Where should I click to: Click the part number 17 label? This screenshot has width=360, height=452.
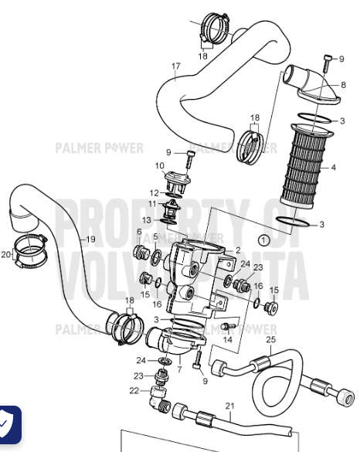tap(175, 66)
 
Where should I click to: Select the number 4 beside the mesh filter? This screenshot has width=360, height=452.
tap(334, 167)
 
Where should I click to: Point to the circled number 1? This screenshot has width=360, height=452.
tap(264, 240)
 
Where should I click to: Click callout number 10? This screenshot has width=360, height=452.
tap(160, 165)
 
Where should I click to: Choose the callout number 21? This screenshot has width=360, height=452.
tap(229, 406)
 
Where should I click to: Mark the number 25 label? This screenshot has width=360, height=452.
tap(270, 339)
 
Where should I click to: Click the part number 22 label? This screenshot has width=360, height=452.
tap(134, 391)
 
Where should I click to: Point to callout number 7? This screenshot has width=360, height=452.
tap(179, 370)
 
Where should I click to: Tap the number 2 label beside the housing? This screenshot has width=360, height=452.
tap(238, 250)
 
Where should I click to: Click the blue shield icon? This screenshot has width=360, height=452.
tap(10, 424)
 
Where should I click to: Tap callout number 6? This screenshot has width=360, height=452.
tap(140, 232)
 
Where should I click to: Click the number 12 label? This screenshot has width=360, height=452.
tap(155, 193)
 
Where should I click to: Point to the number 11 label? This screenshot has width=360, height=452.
tap(153, 203)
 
